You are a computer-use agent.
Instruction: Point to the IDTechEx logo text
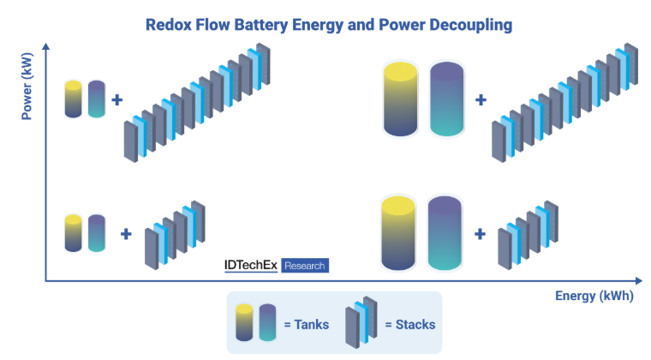click(x=244, y=266)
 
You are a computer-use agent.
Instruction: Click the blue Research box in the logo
click(x=304, y=266)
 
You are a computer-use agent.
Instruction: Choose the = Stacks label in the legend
click(x=410, y=325)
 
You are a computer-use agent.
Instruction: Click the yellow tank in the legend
click(x=245, y=323)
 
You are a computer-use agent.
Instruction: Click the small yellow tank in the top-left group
click(x=74, y=99)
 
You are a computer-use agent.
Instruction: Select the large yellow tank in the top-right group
click(x=400, y=99)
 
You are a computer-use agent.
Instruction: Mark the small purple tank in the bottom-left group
click(x=97, y=233)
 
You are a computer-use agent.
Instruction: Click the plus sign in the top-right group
click(x=481, y=99)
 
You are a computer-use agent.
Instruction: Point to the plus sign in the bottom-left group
click(x=126, y=233)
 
